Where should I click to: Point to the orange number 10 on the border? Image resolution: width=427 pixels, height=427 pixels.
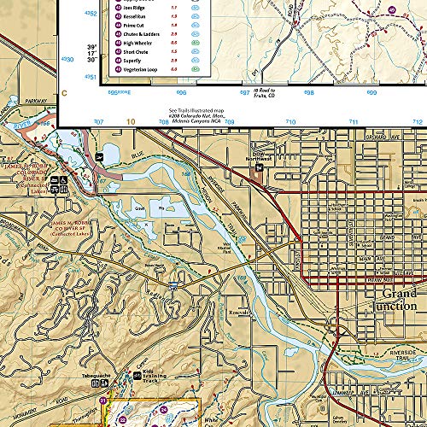coord(131,122)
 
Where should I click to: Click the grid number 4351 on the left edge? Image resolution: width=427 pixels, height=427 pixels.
coord(68,77)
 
